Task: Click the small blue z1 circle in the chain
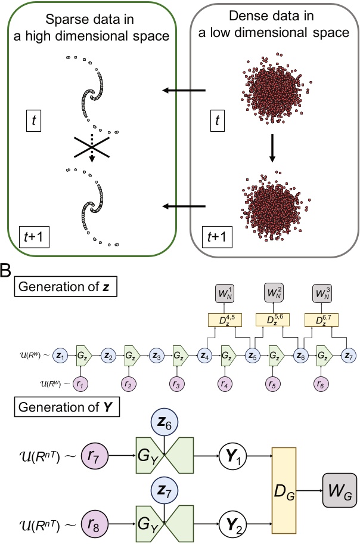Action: tap(60, 355)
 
